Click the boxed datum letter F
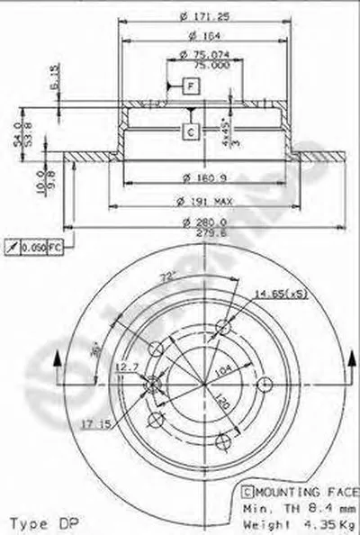pyautogui.click(x=191, y=86)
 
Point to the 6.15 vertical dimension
pyautogui.click(x=54, y=85)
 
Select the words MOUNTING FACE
pyautogui.click(x=291, y=492)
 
